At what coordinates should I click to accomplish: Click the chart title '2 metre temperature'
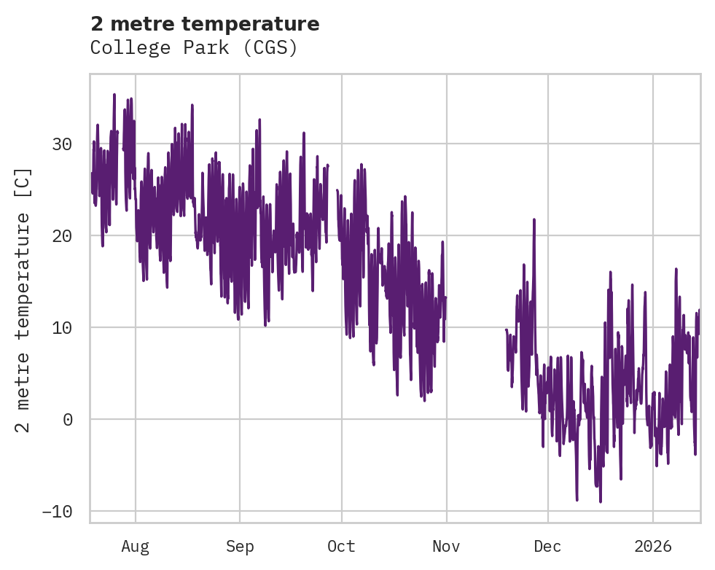click(205, 24)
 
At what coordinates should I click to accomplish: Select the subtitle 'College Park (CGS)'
click(194, 48)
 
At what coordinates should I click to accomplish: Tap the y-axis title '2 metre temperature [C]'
click(24, 300)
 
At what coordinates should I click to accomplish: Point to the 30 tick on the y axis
click(62, 144)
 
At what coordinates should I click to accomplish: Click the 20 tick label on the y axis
click(62, 236)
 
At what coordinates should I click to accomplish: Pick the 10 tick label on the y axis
click(62, 327)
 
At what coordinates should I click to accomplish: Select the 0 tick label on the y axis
click(67, 419)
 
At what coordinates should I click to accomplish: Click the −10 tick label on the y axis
click(57, 511)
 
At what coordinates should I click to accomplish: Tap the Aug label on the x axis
click(136, 546)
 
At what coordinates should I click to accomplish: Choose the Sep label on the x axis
click(239, 546)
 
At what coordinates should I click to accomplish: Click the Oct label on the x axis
click(341, 546)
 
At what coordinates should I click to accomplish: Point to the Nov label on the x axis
click(446, 546)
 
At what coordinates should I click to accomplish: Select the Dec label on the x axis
click(547, 546)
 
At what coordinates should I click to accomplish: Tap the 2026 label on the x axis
click(652, 546)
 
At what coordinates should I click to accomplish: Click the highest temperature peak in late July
click(114, 94)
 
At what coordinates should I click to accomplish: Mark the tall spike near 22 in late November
click(534, 219)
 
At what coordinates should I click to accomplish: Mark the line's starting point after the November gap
click(506, 329)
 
